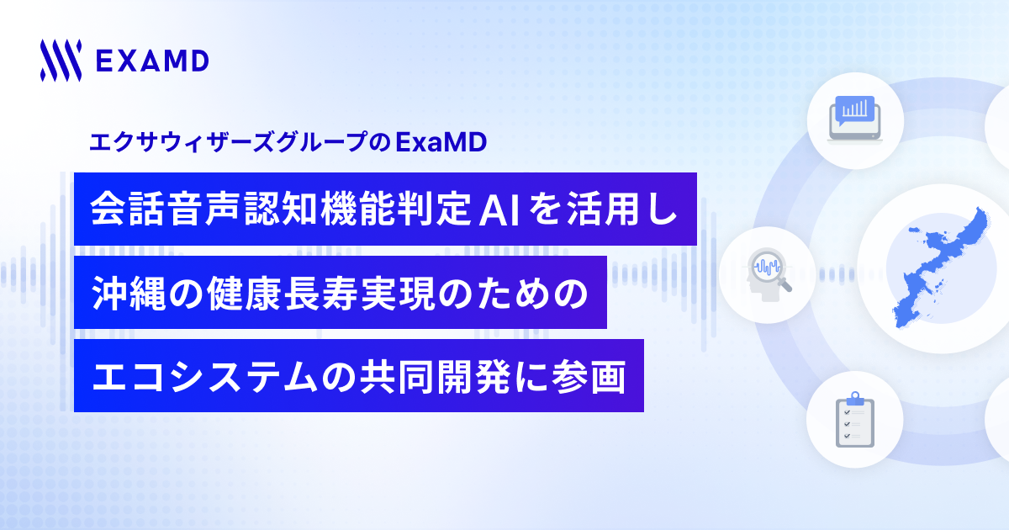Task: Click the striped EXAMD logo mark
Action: (61, 61)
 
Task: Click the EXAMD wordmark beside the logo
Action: (152, 61)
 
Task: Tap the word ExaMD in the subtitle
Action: (441, 142)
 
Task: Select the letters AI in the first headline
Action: (499, 209)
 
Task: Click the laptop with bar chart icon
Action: (855, 119)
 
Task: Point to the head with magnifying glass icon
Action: (767, 274)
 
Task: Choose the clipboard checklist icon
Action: (854, 420)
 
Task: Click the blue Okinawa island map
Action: (941, 268)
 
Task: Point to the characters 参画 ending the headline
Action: (589, 377)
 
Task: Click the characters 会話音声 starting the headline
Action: (165, 209)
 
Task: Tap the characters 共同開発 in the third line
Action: (436, 377)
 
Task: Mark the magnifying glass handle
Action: (784, 285)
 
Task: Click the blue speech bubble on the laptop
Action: (854, 110)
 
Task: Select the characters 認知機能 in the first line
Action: (320, 209)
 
